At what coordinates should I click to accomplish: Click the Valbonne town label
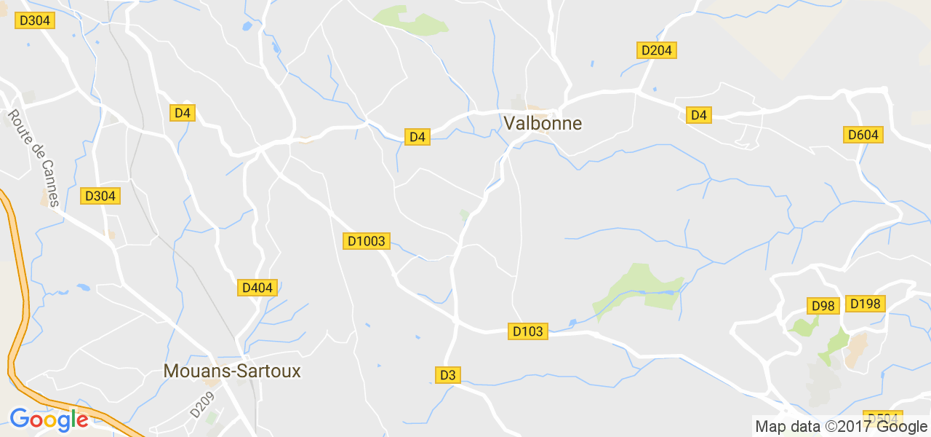click(x=543, y=123)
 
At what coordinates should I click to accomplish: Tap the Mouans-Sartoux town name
click(x=232, y=371)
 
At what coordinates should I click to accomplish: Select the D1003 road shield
click(x=366, y=240)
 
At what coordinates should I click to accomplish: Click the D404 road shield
click(x=257, y=288)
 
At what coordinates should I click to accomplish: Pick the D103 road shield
click(x=527, y=331)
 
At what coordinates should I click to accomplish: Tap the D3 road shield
click(x=447, y=375)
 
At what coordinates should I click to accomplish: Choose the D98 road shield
click(x=823, y=305)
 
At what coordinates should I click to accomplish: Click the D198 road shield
click(x=865, y=304)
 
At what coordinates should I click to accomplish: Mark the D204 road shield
click(x=656, y=50)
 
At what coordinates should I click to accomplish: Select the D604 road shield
click(x=863, y=135)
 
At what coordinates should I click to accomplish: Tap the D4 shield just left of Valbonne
click(x=417, y=136)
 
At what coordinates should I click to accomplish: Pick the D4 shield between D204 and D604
click(x=698, y=114)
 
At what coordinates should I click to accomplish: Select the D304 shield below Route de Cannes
click(x=100, y=196)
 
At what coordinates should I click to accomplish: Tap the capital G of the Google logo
click(x=20, y=420)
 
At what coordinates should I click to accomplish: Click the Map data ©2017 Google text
click(x=841, y=427)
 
